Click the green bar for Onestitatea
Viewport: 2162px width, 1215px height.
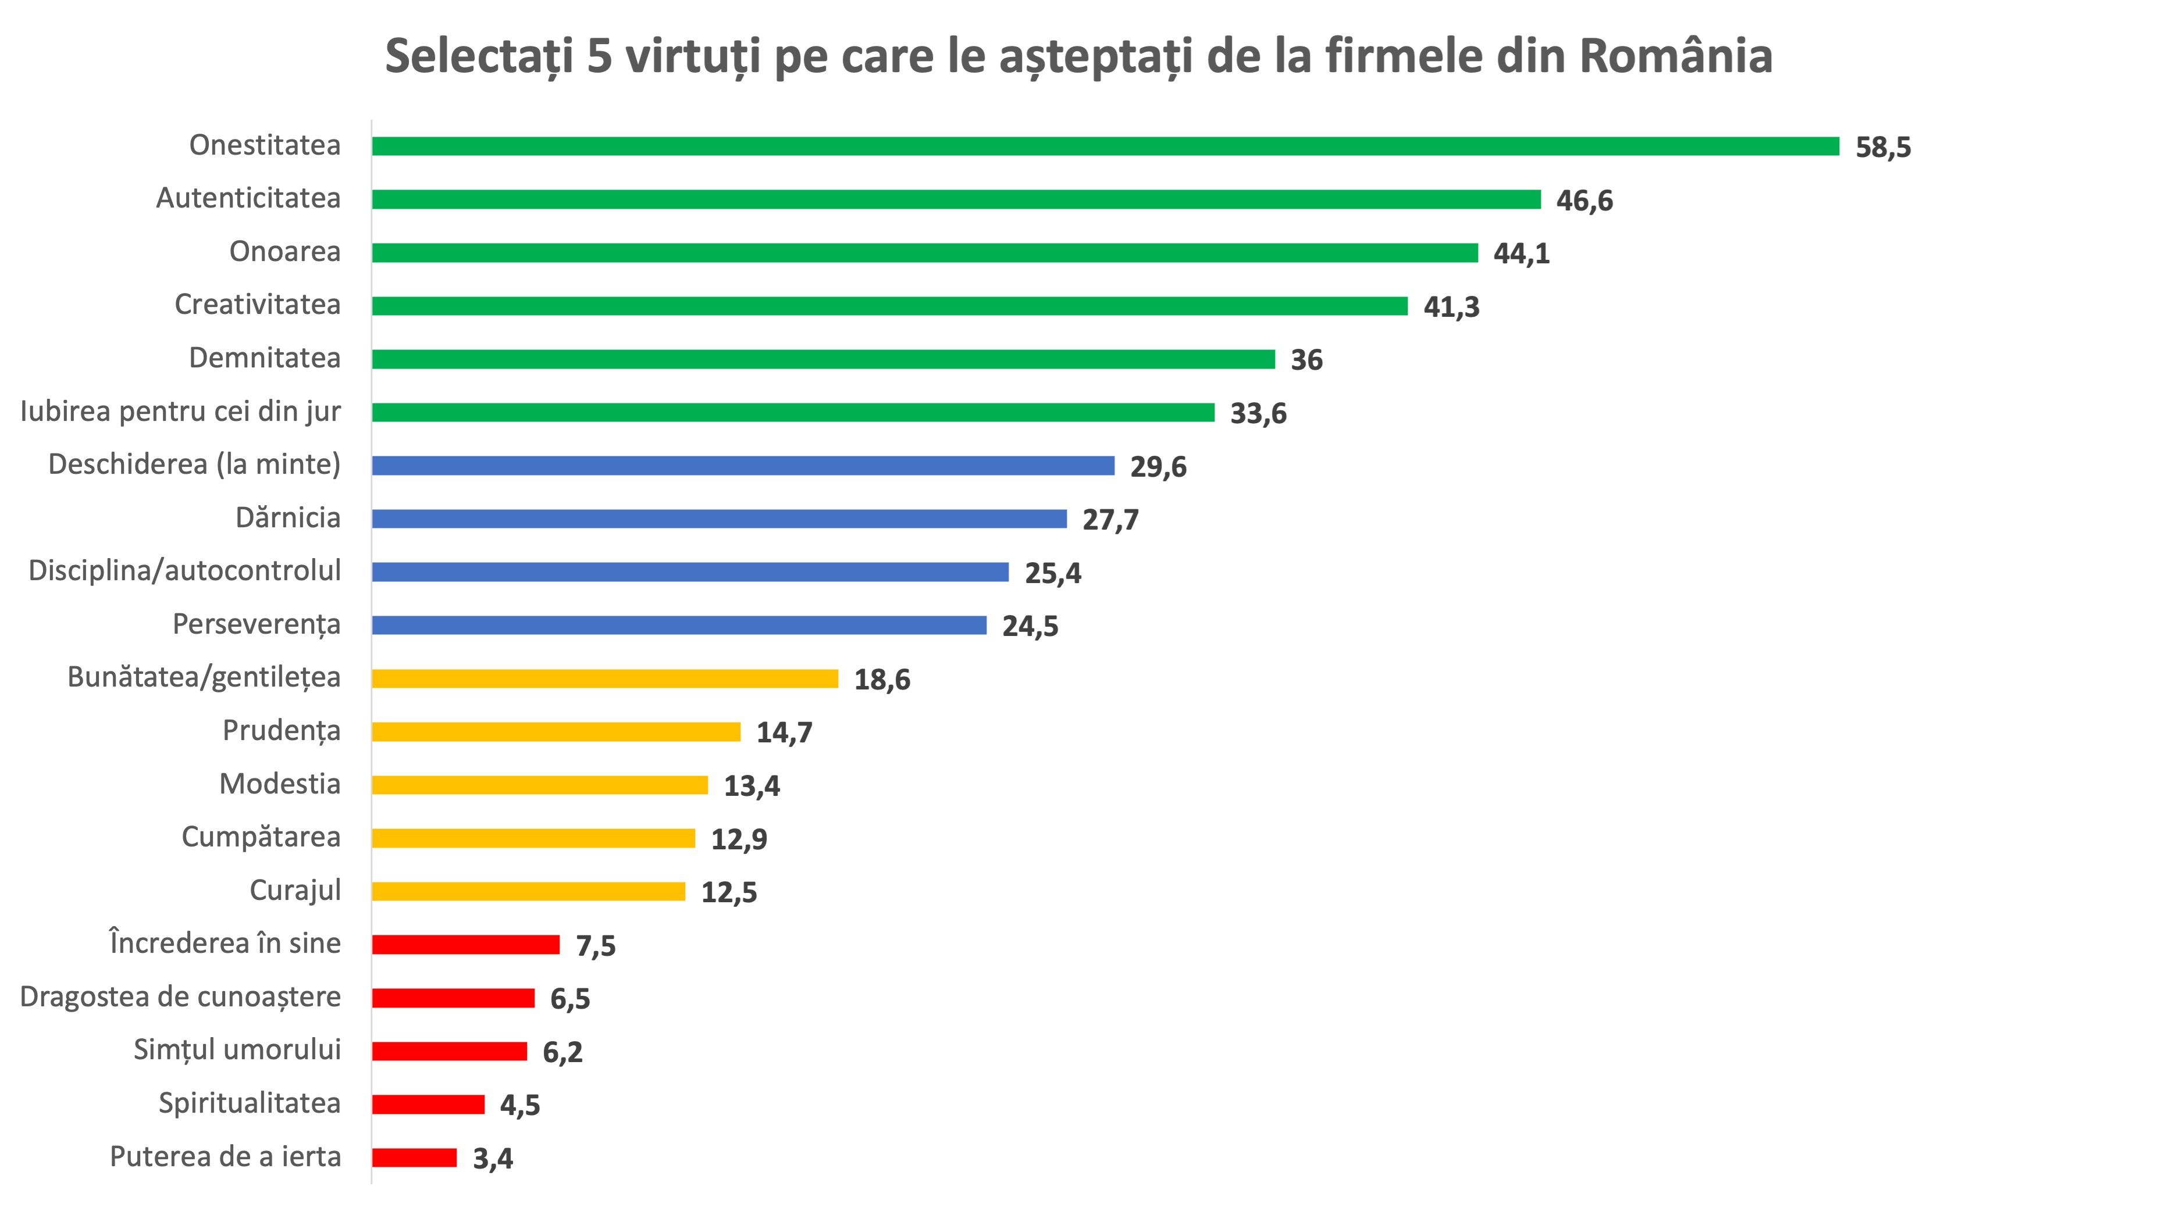point(1105,146)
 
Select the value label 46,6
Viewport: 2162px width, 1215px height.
point(1584,201)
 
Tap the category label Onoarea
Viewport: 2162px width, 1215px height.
point(284,252)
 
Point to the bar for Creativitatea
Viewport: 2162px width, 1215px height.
point(890,306)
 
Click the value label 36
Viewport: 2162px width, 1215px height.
point(1306,360)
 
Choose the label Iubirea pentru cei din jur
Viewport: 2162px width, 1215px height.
point(180,411)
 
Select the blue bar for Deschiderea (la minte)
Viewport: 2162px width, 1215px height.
point(743,466)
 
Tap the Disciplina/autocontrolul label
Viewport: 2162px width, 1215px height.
point(184,570)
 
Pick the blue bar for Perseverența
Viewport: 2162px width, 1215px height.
point(679,625)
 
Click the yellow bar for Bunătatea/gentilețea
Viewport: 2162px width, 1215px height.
point(604,679)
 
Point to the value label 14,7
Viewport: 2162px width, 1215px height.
point(784,732)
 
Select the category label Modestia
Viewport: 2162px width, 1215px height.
point(279,784)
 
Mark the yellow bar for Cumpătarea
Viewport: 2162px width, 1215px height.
point(533,838)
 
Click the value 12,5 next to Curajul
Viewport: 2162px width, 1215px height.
point(728,892)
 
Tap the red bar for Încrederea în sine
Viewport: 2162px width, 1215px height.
point(466,945)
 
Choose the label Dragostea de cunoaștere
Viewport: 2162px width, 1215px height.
point(180,997)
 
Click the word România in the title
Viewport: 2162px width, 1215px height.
point(1676,56)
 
